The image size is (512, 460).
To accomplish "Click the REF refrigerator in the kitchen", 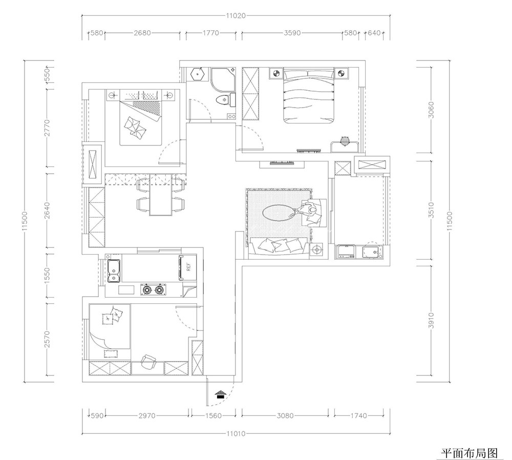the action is coord(187,268).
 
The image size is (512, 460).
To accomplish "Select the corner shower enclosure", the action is coord(223,79).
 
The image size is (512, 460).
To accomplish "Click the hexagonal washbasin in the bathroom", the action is coord(198,74).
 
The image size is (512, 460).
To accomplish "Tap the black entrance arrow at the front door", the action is coord(221,394).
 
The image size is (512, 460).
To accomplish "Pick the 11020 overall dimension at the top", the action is coord(236,15).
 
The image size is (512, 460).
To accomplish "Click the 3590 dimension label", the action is coord(292,33).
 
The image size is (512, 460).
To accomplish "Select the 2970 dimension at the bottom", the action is coord(146,416).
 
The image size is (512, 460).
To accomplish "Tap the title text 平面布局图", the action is coord(469,453).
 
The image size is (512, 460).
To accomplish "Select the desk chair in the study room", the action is coord(149,361).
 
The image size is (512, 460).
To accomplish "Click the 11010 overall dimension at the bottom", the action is coord(236,434).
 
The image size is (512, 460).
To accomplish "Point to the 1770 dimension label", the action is coord(211,33).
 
